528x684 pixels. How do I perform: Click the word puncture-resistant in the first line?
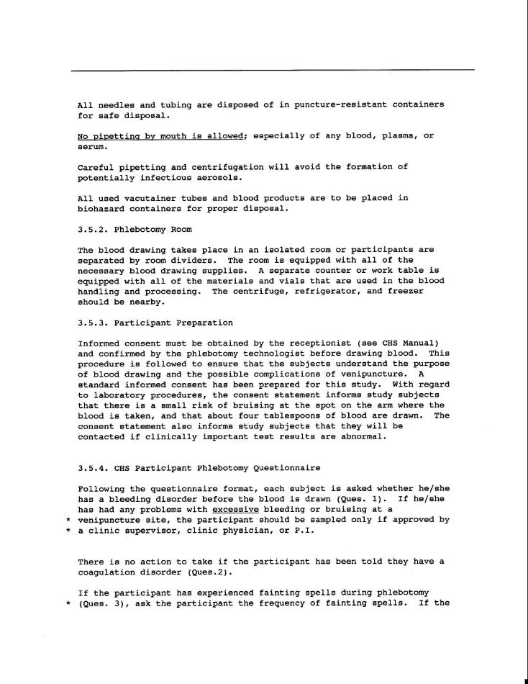coord(339,104)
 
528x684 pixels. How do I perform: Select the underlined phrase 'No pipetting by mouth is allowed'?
coord(162,136)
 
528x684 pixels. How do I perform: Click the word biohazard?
coord(102,209)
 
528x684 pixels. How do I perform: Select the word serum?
coord(91,146)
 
